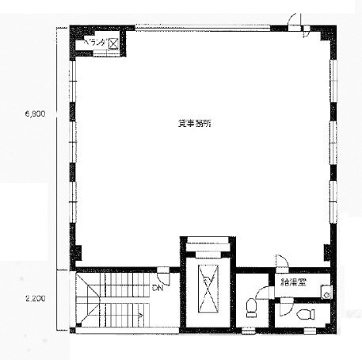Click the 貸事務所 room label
pyautogui.click(x=193, y=124)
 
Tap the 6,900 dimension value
pyautogui.click(x=35, y=113)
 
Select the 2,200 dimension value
pyautogui.click(x=35, y=298)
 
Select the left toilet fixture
pyautogui.click(x=252, y=304)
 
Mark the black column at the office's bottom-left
pyautogui.click(x=77, y=255)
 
